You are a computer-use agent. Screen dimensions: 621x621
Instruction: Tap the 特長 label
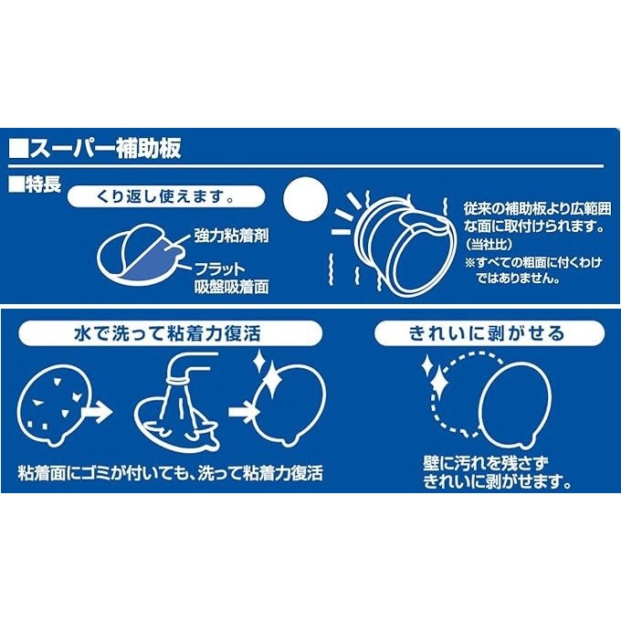click(41, 183)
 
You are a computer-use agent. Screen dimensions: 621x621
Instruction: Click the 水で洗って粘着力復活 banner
click(173, 333)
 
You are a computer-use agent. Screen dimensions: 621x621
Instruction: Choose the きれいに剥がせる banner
click(487, 333)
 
